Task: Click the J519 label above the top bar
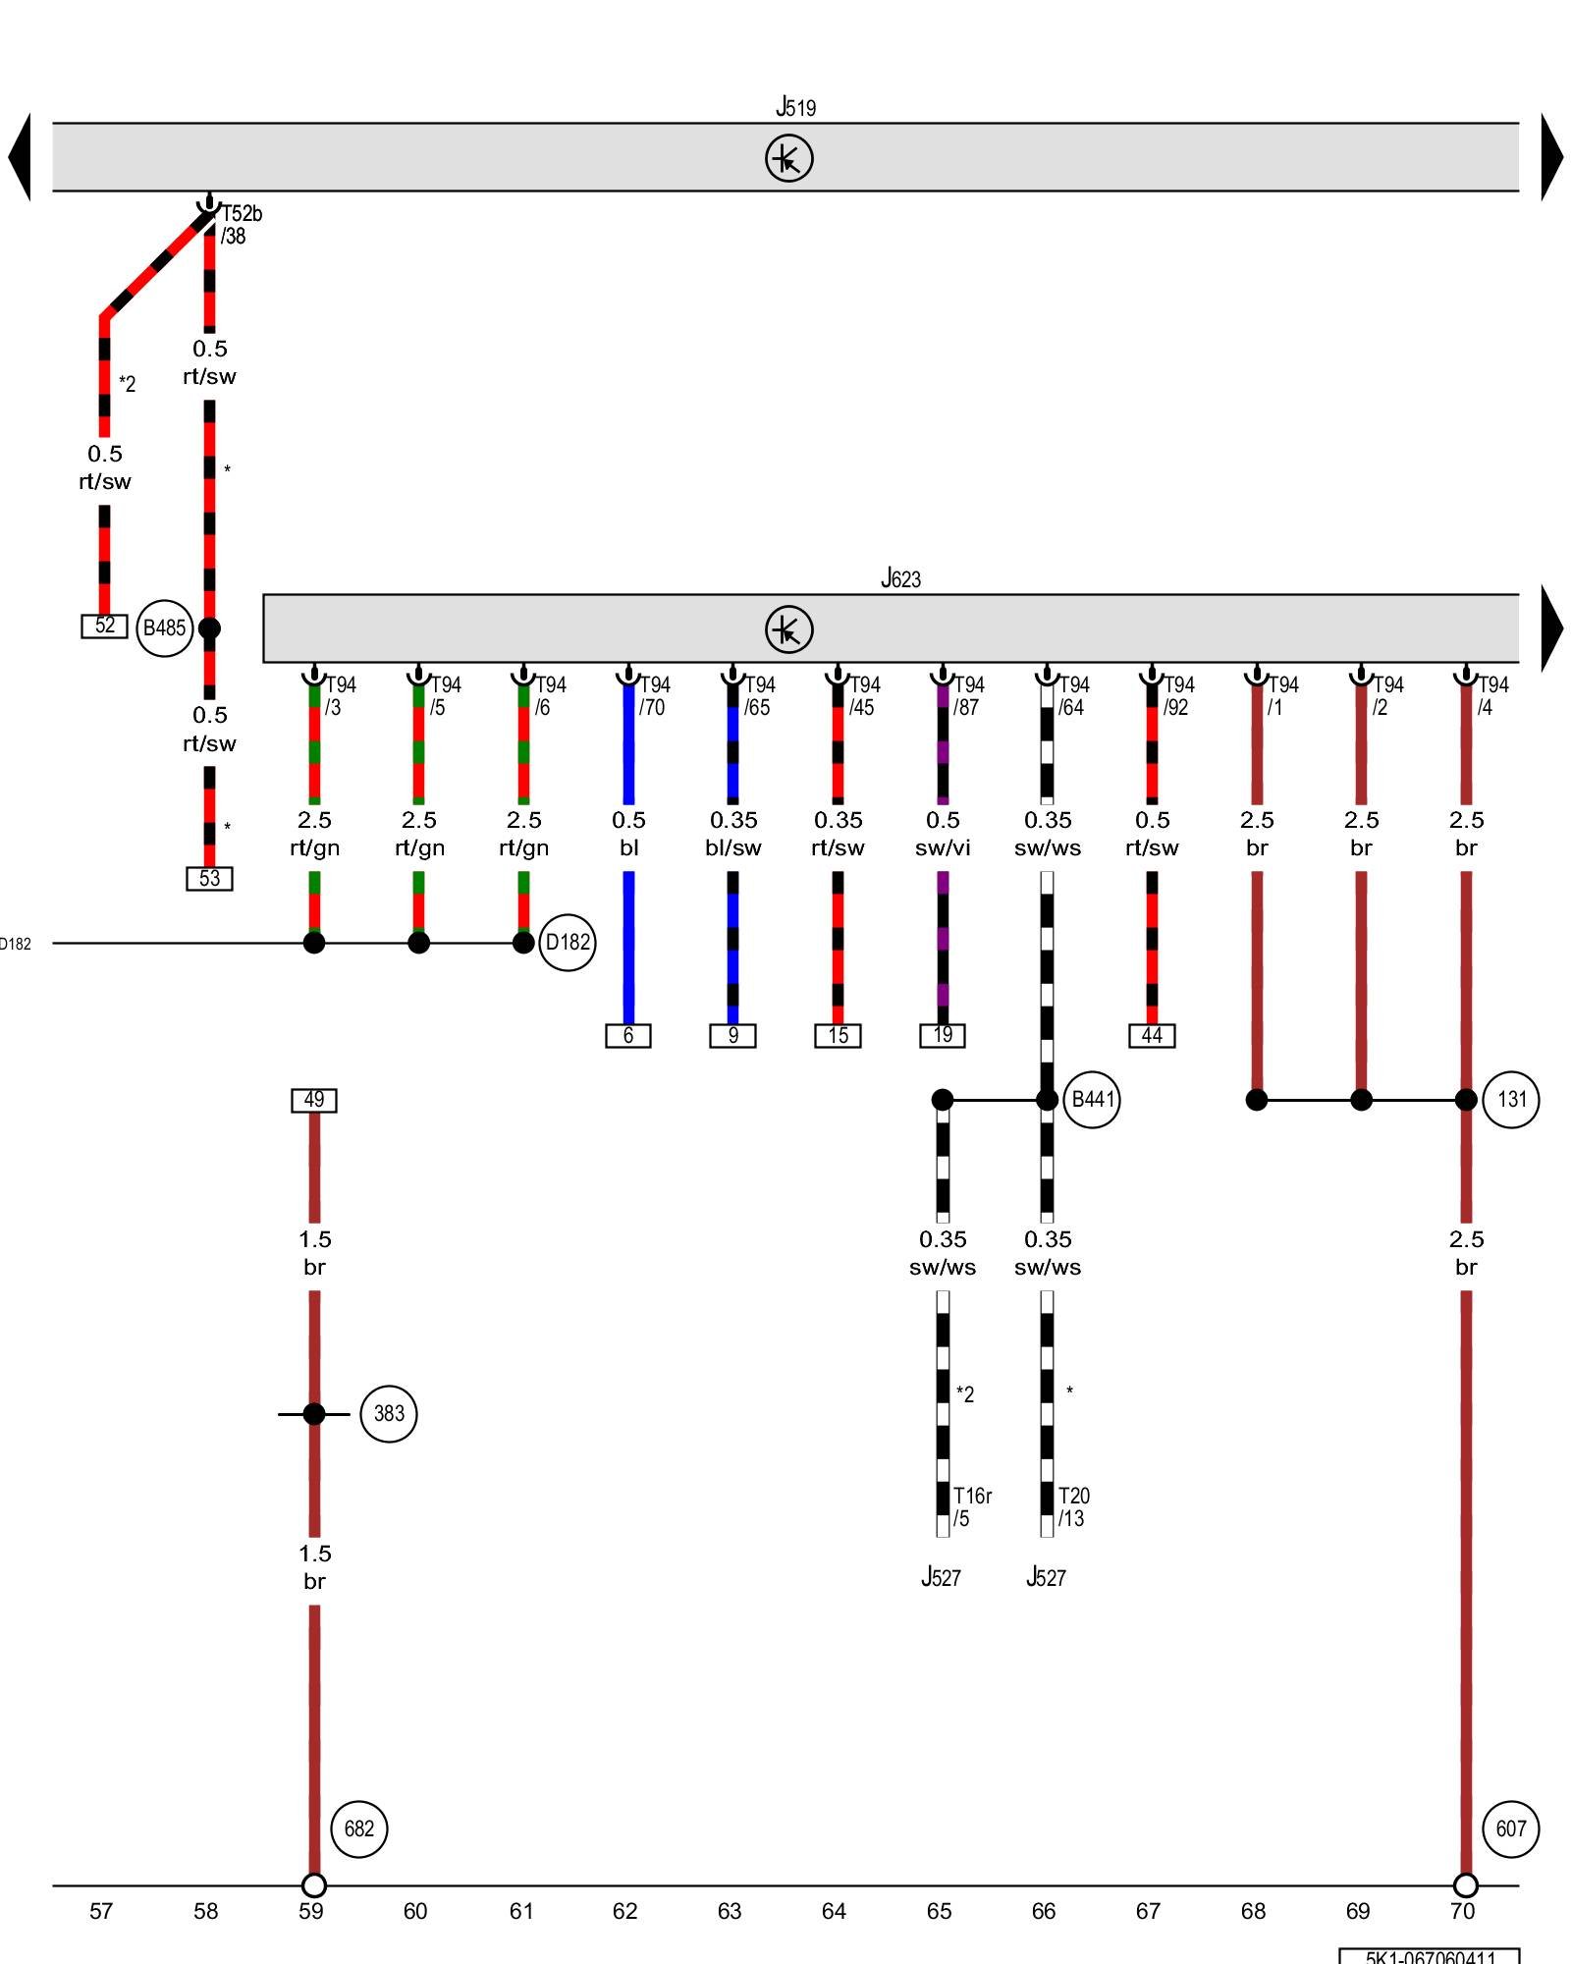pyautogui.click(x=795, y=107)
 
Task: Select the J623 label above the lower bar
pyautogui.click(x=900, y=578)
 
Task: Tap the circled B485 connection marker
pyautogui.click(x=164, y=627)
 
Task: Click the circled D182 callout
pyautogui.click(x=568, y=943)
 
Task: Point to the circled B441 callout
pyautogui.click(x=1092, y=1099)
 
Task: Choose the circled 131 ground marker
pyautogui.click(x=1511, y=1099)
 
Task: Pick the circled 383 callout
pyautogui.click(x=389, y=1413)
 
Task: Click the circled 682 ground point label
pyautogui.click(x=359, y=1828)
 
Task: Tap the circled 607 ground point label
pyautogui.click(x=1511, y=1828)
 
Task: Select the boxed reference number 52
pyautogui.click(x=104, y=626)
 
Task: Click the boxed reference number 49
pyautogui.click(x=314, y=1100)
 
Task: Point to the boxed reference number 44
pyautogui.click(x=1152, y=1035)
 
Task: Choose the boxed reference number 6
pyautogui.click(x=628, y=1035)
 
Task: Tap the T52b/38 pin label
pyautogui.click(x=240, y=225)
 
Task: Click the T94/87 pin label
pyautogui.click(x=968, y=695)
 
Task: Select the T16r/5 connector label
pyautogui.click(x=971, y=1506)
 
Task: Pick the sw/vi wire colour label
pyautogui.click(x=943, y=847)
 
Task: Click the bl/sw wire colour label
pyautogui.click(x=733, y=847)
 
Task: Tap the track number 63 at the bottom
pyautogui.click(x=730, y=1911)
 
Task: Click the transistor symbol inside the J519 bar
pyautogui.click(x=789, y=158)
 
